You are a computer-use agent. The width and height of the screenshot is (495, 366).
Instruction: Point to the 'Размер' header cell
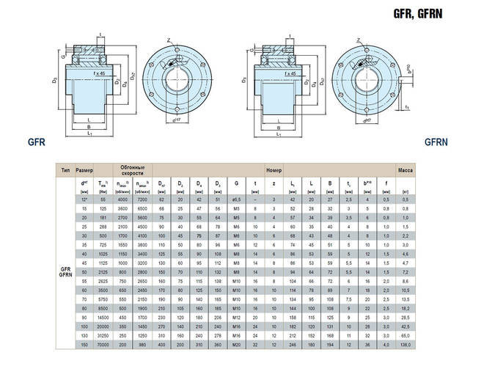click(84, 169)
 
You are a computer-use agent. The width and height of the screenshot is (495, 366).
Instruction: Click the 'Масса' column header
click(406, 169)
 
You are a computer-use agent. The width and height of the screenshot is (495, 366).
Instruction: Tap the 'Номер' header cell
click(274, 169)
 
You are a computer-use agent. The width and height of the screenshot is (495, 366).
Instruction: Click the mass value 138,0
click(406, 344)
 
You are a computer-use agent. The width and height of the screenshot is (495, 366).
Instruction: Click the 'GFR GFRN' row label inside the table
click(65, 271)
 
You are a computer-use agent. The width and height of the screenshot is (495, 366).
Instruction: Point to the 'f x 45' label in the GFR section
click(101, 74)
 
